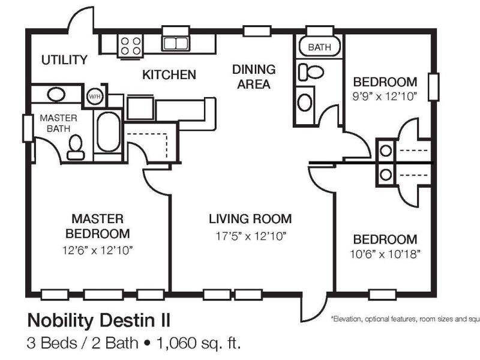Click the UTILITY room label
pos(64,59)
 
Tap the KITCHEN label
pos(169,74)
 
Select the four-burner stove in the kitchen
pos(130,46)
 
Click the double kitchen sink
pos(175,43)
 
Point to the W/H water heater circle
pos(95,97)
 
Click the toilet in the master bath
pos(76,147)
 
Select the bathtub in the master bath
pos(108,132)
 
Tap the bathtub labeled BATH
pos(319,47)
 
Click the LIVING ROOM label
pos(250,219)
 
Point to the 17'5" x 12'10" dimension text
pos(250,236)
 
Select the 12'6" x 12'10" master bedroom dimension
pos(97,250)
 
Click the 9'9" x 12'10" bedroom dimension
pos(385,97)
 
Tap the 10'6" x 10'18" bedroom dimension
pos(385,254)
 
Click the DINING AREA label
pos(254,77)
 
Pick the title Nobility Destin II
pos(98,320)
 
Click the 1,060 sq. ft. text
pos(199,343)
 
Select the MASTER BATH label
pos(58,124)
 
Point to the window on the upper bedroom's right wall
pos(433,87)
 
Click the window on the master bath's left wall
pos(28,128)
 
